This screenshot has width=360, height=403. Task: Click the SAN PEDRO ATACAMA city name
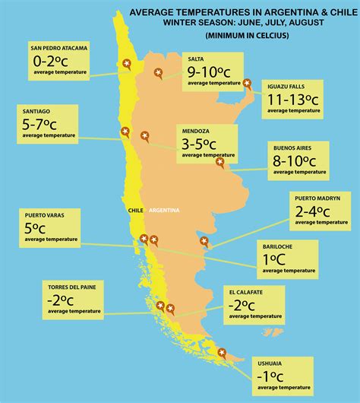[59, 48]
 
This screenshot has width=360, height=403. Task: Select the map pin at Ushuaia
[222, 351]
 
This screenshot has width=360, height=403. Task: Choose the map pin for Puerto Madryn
[204, 241]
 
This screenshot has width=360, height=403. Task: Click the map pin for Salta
[157, 72]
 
